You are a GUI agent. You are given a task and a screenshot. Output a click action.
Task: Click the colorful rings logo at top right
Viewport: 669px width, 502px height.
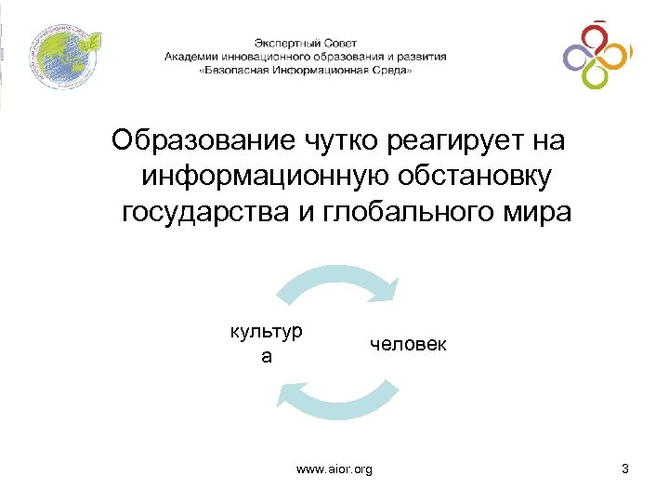[x=597, y=56]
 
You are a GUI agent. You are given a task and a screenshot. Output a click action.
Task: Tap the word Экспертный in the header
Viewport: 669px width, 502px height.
[x=284, y=43]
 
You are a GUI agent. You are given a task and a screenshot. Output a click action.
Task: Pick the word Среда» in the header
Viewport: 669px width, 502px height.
[x=390, y=70]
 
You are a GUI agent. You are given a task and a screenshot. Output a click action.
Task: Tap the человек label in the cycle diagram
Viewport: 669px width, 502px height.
[x=408, y=345]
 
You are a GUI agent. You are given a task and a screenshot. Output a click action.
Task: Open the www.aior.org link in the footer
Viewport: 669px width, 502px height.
[x=334, y=470]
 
